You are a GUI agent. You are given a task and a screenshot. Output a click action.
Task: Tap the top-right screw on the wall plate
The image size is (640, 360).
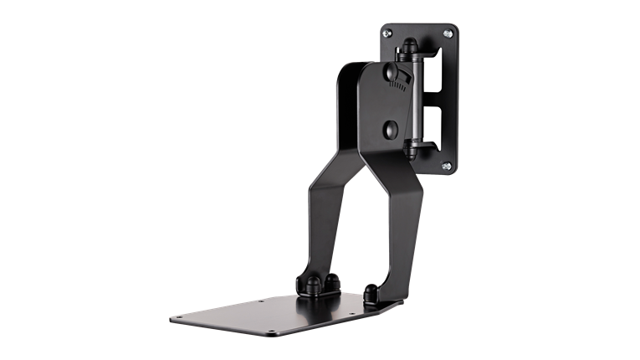click(x=449, y=33)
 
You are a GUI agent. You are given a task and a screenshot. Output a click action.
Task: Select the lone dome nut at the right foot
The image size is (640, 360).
click(x=370, y=292)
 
